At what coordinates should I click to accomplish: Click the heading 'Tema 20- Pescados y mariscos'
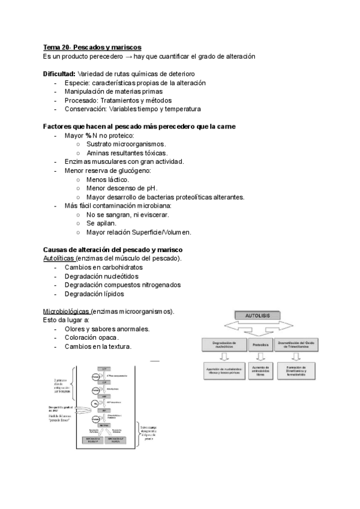92,47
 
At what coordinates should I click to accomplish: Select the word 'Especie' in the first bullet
77,83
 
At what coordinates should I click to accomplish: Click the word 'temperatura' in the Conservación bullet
179,109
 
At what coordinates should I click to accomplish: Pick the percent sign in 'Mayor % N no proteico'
88,136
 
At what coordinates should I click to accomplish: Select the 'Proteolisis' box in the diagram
260,345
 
